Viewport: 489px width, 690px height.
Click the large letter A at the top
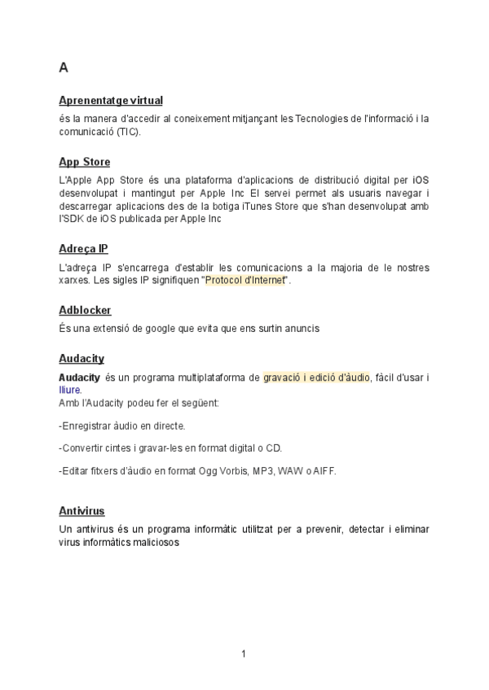64,68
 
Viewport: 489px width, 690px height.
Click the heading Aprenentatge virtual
111,100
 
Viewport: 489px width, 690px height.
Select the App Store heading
85,162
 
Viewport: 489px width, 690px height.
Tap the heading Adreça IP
83,248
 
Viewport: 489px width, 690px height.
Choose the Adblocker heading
85,310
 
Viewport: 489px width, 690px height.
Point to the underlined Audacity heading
81,358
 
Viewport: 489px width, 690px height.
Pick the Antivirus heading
81,510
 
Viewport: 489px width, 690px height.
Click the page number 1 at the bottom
243,653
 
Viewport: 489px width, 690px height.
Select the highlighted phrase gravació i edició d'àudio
316,378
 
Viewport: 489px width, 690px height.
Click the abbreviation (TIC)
127,131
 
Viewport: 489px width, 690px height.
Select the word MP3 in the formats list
262,470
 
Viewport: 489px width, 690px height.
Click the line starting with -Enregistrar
122,426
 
